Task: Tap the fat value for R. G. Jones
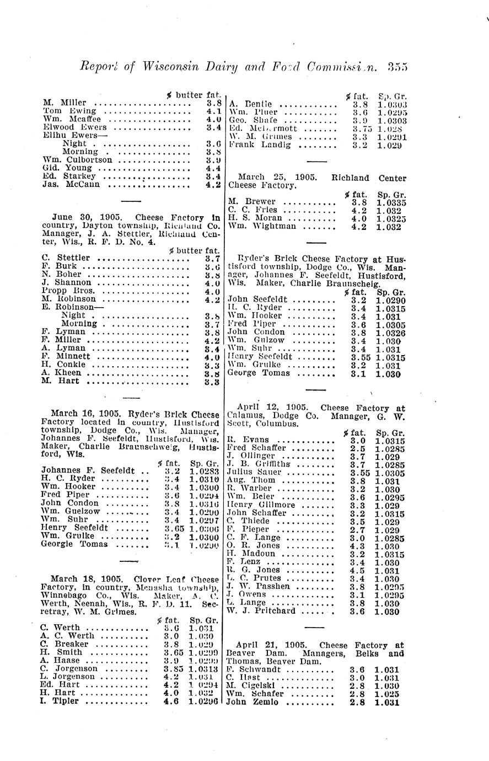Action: tap(357, 570)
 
